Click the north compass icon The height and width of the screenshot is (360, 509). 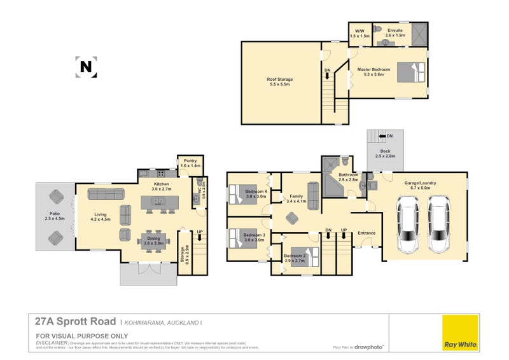coord(86,66)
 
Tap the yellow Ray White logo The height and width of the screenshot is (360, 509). coord(459,331)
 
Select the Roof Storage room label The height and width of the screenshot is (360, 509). coord(280,81)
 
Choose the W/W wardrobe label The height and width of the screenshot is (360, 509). coord(360,34)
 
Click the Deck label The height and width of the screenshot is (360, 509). coord(385,153)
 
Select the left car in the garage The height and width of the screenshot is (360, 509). coord(408,225)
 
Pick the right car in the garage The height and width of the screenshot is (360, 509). coord(439,225)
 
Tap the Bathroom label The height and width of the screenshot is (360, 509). coord(349,177)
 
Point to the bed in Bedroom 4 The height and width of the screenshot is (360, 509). coord(242,191)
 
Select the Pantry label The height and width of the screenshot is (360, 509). coord(190,163)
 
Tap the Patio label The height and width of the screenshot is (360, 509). coord(55,216)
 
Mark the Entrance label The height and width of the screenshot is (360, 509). coord(366,233)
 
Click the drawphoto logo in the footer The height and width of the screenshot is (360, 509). coord(372,347)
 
